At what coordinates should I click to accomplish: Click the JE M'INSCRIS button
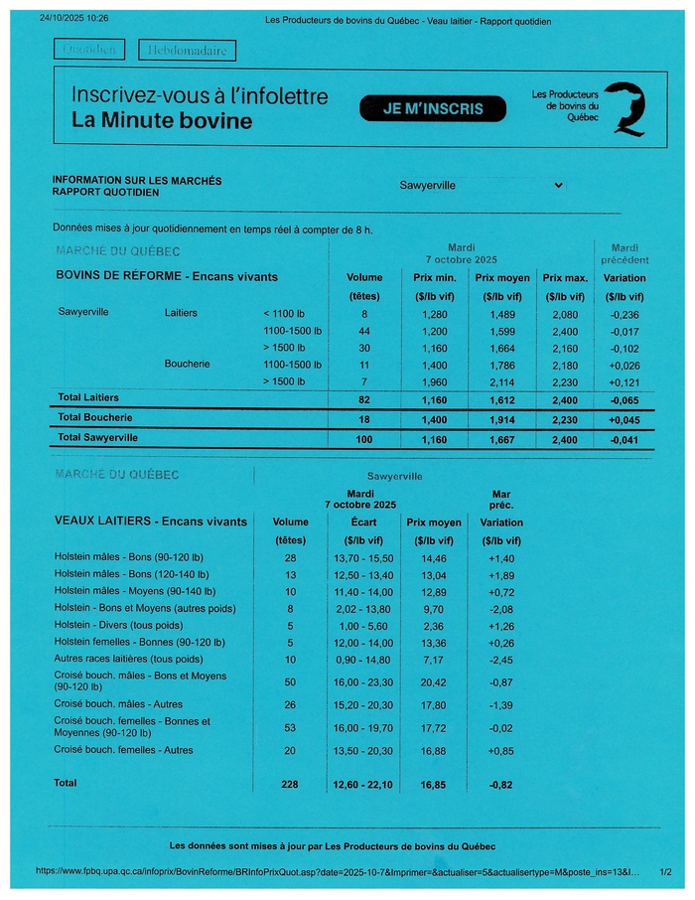click(x=435, y=108)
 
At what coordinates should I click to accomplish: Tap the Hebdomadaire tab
click(x=188, y=50)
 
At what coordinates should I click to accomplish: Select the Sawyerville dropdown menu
click(x=482, y=185)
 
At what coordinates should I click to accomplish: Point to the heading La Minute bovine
click(x=162, y=121)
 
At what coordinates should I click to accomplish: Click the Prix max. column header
click(x=565, y=278)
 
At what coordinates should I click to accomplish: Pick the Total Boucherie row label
click(x=95, y=417)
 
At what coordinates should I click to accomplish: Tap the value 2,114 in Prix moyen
click(x=501, y=381)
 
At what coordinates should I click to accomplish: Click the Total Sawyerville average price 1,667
click(x=501, y=437)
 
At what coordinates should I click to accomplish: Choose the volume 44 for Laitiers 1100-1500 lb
click(x=364, y=331)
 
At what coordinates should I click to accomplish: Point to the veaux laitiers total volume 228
click(x=290, y=784)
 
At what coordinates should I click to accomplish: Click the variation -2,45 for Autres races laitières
click(x=501, y=660)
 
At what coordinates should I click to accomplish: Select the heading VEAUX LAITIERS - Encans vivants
click(x=150, y=522)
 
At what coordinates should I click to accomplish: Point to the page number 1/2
click(x=665, y=871)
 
